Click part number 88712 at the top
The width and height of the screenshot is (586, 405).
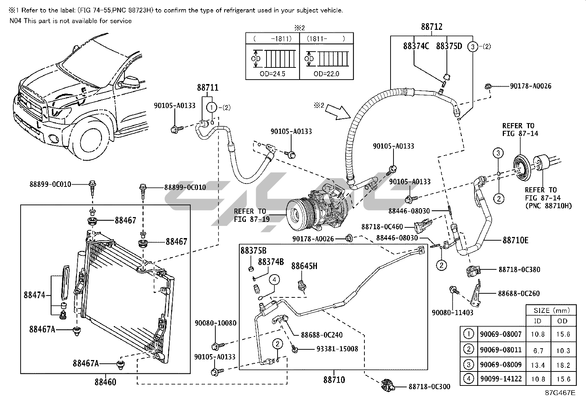[x=431, y=27]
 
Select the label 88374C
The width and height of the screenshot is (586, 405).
[x=416, y=46]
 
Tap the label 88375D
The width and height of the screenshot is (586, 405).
[x=449, y=46]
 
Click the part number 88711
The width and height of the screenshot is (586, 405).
[x=208, y=88]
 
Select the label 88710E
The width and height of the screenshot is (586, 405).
[x=515, y=240]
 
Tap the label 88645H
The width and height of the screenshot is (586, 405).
[x=304, y=266]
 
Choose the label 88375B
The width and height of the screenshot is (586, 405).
[x=253, y=251]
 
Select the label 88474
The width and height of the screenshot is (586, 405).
[x=35, y=295]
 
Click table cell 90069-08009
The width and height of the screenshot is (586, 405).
[x=501, y=365]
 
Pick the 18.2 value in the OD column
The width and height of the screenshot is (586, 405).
[x=563, y=365]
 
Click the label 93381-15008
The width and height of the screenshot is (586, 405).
[x=337, y=349]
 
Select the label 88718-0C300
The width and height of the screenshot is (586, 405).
[x=429, y=387]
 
